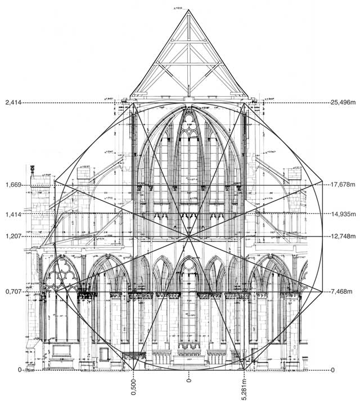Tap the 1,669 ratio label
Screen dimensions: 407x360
[12, 185]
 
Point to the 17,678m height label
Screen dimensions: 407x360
[344, 185]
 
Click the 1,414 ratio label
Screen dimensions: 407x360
[12, 214]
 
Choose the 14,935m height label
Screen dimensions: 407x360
[344, 214]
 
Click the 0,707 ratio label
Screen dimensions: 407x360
[12, 292]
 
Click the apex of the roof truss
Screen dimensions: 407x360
[188, 11]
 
